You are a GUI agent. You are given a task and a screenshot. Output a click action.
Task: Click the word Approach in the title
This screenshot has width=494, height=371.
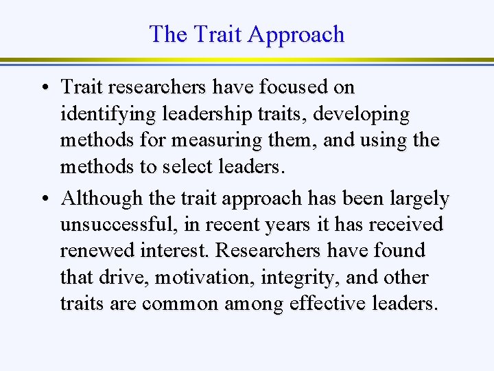pyautogui.click(x=296, y=34)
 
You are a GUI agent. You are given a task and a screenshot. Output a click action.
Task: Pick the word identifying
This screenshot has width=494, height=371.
pyautogui.click(x=104, y=115)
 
